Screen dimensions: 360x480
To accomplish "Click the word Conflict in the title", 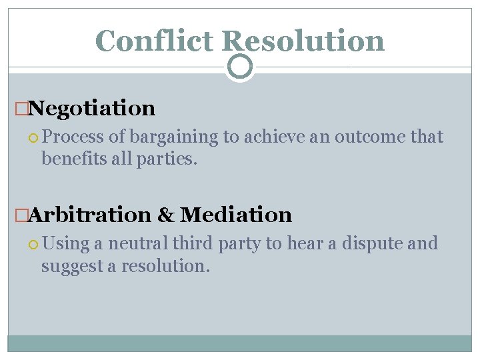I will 155,41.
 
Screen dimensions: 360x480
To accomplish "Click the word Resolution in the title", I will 303,41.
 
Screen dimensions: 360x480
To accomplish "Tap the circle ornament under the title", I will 239,67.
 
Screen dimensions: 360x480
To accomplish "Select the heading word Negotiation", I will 92,108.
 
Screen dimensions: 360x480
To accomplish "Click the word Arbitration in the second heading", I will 90,215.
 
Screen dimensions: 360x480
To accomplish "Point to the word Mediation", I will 236,215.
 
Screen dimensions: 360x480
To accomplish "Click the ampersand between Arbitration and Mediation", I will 165,215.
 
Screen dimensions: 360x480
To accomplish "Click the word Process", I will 73,137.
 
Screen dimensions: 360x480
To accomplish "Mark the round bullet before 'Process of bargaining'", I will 34,138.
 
